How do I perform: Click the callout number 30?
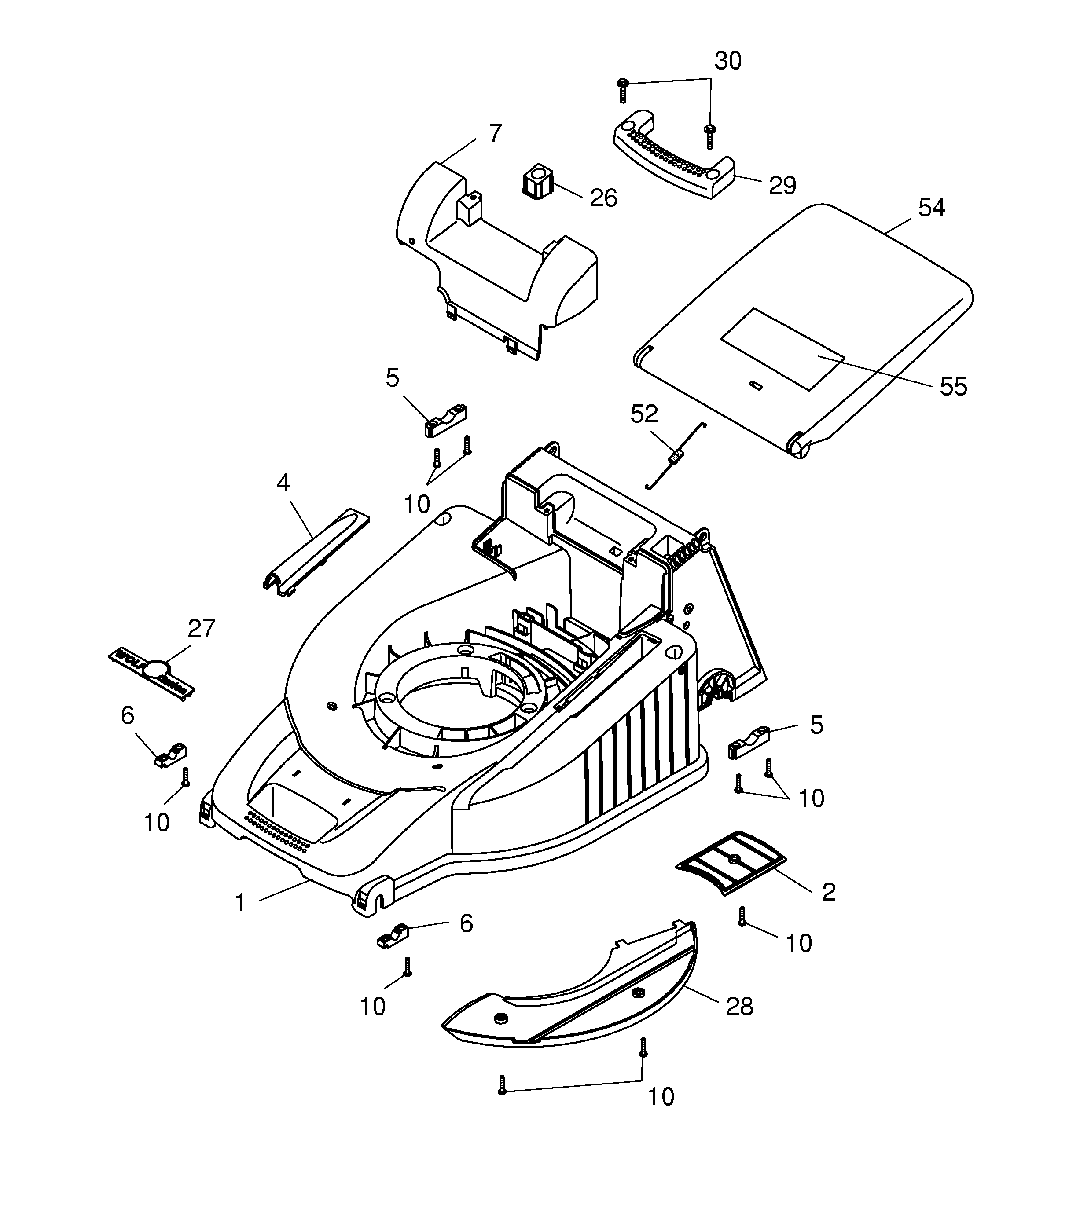[x=728, y=61]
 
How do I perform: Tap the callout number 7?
[x=495, y=133]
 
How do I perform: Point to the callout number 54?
[x=932, y=208]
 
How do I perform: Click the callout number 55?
[x=953, y=387]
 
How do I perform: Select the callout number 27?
[x=201, y=629]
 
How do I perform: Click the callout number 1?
[x=240, y=902]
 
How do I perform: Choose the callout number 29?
[x=782, y=186]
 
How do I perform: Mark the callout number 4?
[x=283, y=483]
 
